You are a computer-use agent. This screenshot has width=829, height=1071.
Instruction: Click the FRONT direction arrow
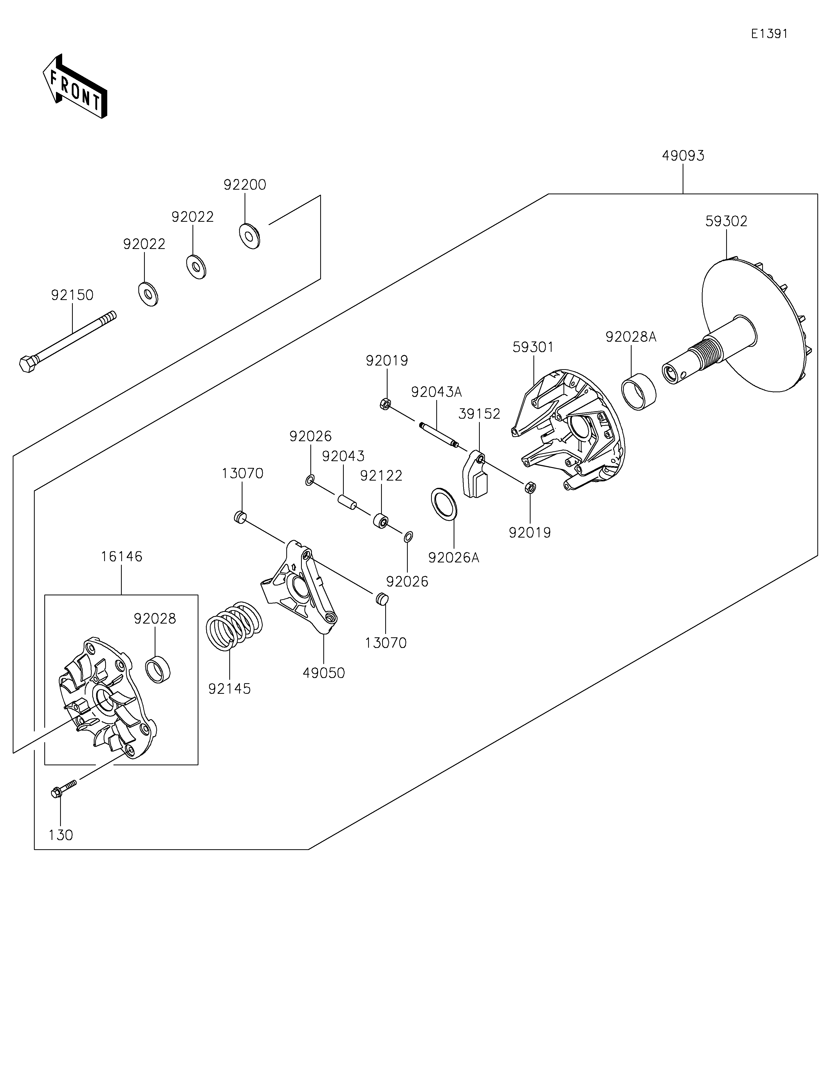[x=75, y=86]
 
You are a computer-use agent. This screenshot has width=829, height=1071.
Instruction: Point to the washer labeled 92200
[x=249, y=235]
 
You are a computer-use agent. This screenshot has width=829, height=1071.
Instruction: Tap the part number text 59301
[x=533, y=347]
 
